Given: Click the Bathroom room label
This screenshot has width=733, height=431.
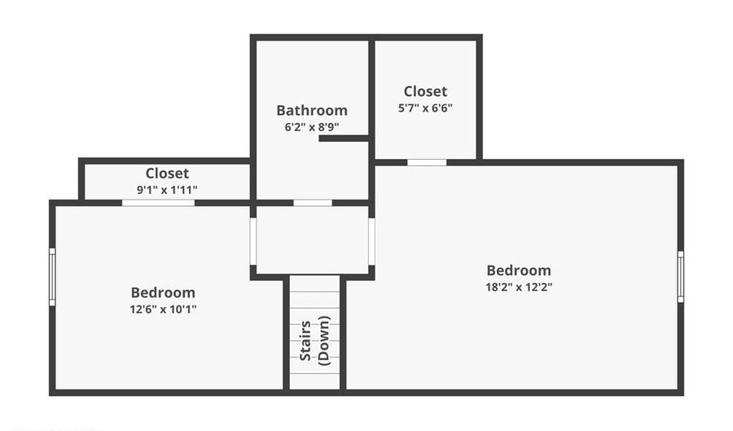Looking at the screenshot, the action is (x=312, y=110).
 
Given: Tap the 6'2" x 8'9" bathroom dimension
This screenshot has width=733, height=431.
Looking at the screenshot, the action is (x=312, y=126).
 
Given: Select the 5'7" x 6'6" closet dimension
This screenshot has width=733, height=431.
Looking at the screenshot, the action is (x=425, y=108).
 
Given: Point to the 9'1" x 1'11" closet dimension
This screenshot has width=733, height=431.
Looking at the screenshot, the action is (x=167, y=190).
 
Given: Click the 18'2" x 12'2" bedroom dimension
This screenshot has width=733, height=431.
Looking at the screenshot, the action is (x=519, y=287).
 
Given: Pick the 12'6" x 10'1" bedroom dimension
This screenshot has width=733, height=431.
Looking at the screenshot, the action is (x=163, y=309).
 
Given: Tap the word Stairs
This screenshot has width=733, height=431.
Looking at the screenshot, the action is (x=305, y=341).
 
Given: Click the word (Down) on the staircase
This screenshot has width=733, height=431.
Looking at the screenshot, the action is (x=323, y=341).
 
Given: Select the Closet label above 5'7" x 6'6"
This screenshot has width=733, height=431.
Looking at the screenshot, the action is (x=425, y=91).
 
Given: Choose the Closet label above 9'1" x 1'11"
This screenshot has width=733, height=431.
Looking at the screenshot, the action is (x=167, y=173).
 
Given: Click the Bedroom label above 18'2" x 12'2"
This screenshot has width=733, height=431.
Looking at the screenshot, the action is (x=519, y=270).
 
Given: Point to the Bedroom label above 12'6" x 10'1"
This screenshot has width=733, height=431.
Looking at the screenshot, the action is (x=163, y=292).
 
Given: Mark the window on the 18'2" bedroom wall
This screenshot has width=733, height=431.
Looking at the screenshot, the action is (x=681, y=276).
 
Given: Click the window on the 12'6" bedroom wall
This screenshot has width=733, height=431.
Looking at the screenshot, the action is (x=52, y=277).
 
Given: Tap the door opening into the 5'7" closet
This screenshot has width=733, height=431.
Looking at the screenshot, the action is (x=427, y=162).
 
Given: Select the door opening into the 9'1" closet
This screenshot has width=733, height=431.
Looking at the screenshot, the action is (x=159, y=203).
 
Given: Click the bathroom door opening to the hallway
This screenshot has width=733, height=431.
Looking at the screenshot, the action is (x=313, y=203).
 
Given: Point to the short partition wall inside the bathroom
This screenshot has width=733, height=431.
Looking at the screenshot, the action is (x=344, y=139).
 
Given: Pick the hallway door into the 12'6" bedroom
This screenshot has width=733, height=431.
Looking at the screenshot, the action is (x=253, y=241).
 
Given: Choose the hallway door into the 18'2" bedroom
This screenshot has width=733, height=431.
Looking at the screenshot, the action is (x=371, y=241).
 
